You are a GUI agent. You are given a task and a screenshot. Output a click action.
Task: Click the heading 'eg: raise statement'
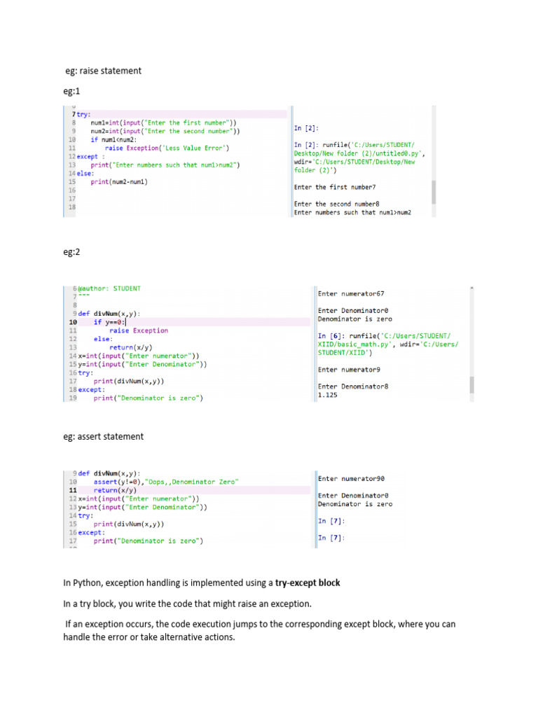point(103,71)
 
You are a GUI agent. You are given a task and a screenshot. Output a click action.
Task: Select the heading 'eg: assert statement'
point(103,436)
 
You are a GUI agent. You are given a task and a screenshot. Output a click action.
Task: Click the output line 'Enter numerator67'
point(351,293)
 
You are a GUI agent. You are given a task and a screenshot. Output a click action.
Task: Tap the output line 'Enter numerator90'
point(351,478)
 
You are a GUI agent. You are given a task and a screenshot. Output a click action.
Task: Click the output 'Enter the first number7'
point(335,187)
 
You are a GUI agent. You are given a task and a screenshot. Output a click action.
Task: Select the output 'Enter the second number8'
point(337,204)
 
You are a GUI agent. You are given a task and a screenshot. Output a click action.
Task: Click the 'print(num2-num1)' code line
point(119,181)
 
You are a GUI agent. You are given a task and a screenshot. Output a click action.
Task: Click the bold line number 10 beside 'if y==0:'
point(73,322)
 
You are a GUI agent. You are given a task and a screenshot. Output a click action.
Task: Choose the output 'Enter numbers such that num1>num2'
point(352,212)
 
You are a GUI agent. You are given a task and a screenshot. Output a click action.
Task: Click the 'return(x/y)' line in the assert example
point(116,490)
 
